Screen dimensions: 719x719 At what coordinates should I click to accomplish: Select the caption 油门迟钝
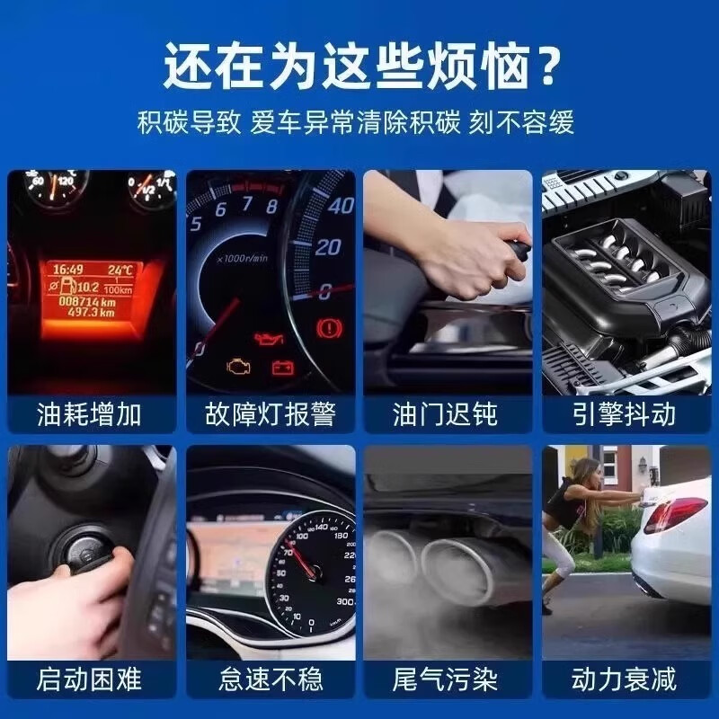point(446,414)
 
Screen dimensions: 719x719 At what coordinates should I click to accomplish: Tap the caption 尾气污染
point(446,679)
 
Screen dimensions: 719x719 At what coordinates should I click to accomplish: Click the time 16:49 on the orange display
point(66,269)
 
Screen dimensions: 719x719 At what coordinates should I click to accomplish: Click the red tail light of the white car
point(674,515)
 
